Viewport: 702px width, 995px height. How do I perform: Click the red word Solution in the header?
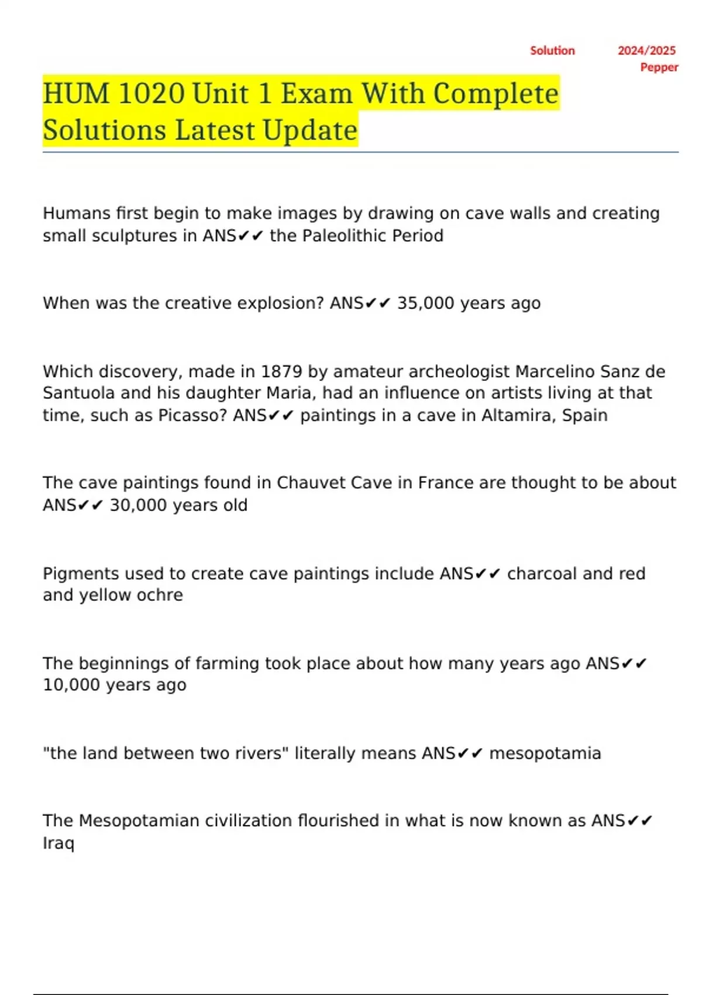552,51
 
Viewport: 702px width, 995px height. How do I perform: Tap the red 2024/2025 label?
646,51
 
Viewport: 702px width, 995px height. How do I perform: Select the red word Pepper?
659,67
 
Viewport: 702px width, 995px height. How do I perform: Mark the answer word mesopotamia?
545,753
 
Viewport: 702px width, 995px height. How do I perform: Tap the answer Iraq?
58,843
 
